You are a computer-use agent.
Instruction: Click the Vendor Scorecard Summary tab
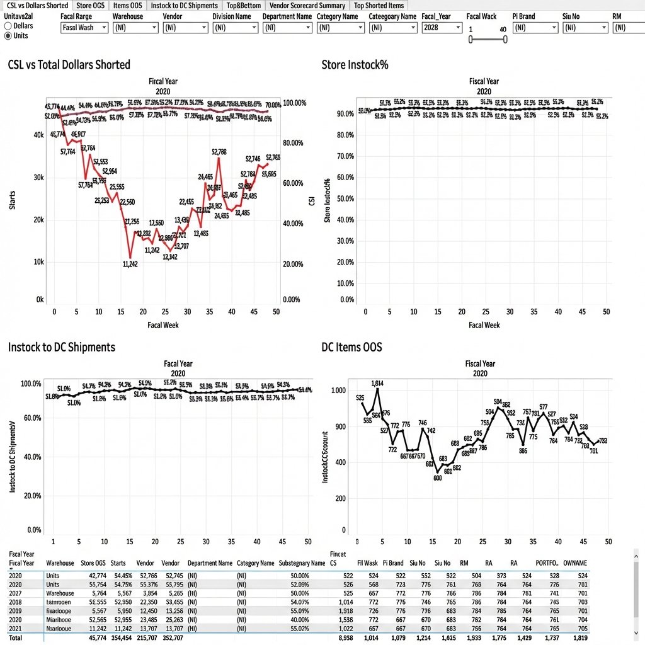click(307, 6)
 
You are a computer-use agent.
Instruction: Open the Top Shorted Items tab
click(379, 6)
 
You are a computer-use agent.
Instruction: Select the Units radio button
click(8, 36)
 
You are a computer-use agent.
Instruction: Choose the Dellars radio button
click(8, 26)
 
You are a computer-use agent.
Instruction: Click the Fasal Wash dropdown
click(84, 28)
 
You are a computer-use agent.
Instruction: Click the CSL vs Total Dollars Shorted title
click(69, 65)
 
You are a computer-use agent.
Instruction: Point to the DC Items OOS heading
click(351, 347)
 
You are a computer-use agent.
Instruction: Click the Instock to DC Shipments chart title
click(62, 347)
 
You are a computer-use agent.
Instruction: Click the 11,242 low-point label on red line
click(129, 265)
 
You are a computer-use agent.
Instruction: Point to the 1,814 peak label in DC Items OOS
click(377, 383)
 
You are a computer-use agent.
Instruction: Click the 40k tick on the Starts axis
click(38, 135)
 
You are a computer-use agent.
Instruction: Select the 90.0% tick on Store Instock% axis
click(345, 114)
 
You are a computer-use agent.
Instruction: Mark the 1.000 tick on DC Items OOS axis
click(339, 391)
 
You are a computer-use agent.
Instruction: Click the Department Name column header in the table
click(210, 563)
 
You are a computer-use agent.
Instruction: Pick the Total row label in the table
click(16, 639)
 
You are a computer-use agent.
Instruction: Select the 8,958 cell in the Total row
click(343, 639)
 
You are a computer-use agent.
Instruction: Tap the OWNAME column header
click(575, 563)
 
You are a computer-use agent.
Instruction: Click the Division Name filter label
click(231, 16)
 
